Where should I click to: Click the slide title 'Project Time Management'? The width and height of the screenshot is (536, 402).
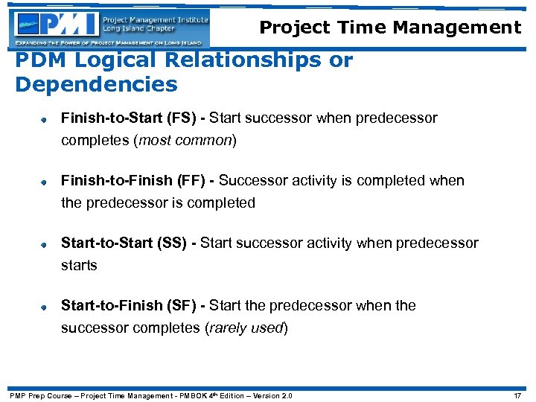pyautogui.click(x=390, y=28)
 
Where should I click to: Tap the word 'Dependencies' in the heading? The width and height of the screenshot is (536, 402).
pyautogui.click(x=96, y=85)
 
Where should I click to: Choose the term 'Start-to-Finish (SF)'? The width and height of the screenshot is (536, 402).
pyautogui.click(x=133, y=306)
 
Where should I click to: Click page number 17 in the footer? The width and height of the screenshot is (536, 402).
pyautogui.click(x=517, y=395)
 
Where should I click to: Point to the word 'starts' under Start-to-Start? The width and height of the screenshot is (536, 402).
pyautogui.click(x=79, y=265)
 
